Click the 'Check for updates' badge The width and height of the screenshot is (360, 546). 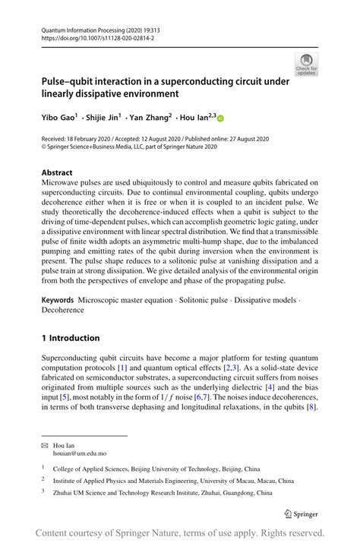click(x=306, y=64)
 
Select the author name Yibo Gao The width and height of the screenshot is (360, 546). click(x=58, y=118)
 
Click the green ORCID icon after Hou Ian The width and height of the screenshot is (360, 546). click(x=221, y=118)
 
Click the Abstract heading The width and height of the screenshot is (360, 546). click(x=58, y=172)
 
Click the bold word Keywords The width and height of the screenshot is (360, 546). click(x=62, y=300)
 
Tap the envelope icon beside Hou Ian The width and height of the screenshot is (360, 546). click(x=45, y=443)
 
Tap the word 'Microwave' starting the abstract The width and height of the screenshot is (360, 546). click(x=62, y=183)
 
